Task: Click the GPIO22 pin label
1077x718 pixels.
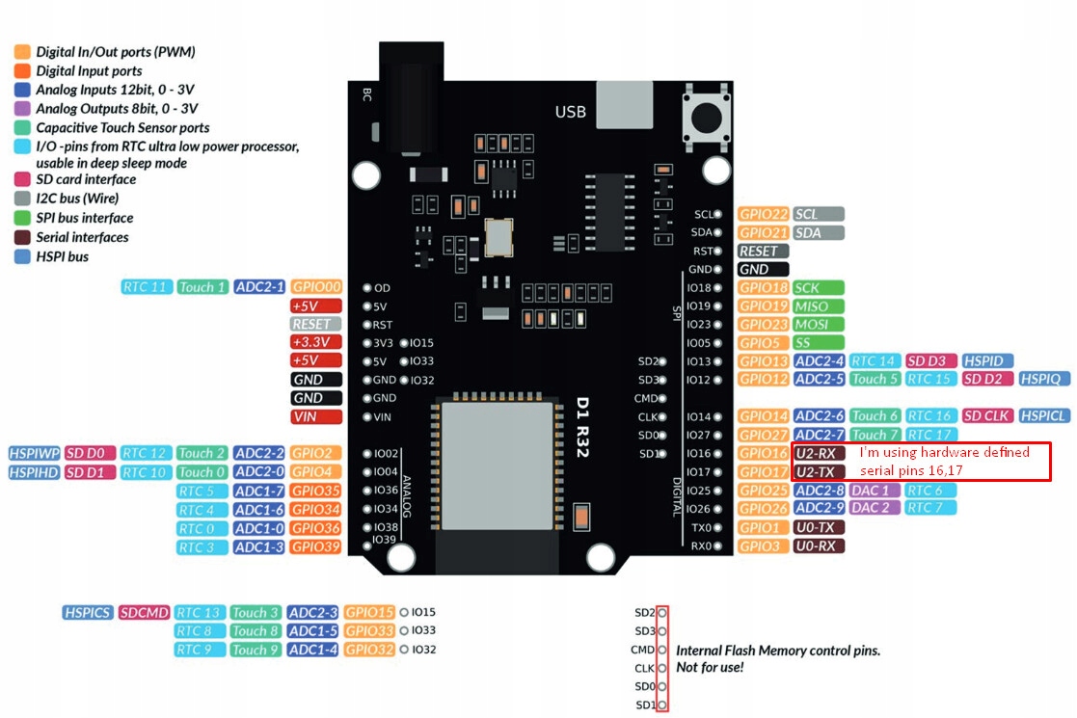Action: click(764, 214)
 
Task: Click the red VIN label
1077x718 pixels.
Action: click(316, 417)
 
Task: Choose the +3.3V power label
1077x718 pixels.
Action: click(316, 342)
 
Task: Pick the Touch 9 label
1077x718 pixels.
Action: click(256, 650)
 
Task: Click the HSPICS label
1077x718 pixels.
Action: click(88, 612)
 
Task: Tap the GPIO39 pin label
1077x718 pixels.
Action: click(316, 547)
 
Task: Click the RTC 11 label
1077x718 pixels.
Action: click(147, 287)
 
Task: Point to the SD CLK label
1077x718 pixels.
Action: click(985, 415)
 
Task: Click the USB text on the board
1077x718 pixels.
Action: click(570, 112)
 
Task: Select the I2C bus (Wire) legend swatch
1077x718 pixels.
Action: click(22, 199)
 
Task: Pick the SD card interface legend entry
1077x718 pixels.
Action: click(86, 179)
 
